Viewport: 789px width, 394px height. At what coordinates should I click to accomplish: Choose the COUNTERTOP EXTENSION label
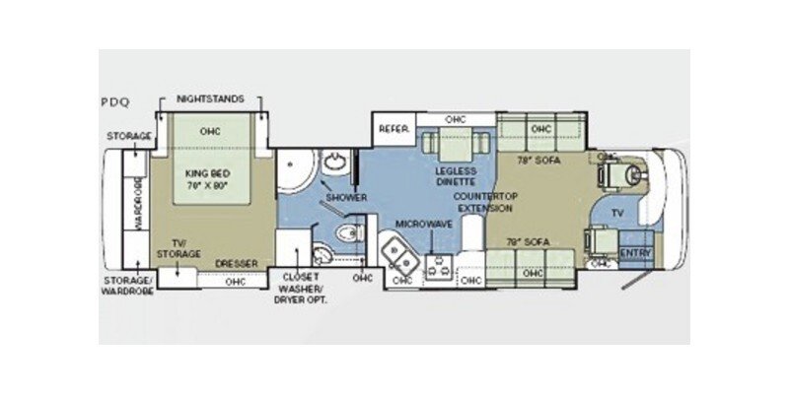[x=483, y=203]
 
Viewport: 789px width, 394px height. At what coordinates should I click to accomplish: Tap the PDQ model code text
[x=114, y=101]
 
